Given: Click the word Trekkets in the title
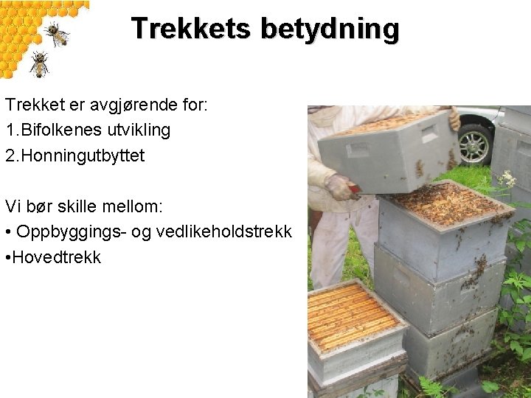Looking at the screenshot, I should (192, 29).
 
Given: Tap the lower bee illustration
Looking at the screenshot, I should (38, 64).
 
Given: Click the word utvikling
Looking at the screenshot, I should (141, 130).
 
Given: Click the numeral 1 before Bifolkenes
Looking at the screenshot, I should (10, 130).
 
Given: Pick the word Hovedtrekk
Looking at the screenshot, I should (58, 258).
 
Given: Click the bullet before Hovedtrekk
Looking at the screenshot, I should (8, 258).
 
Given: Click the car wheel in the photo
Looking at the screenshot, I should (475, 144).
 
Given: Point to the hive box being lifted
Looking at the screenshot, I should (387, 151).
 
